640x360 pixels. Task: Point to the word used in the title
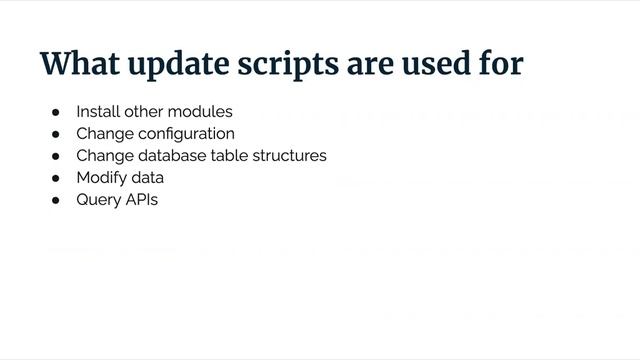443,62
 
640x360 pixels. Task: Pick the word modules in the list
199,111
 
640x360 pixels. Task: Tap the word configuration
184,134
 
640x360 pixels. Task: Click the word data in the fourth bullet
147,178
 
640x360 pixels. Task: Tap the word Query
98,200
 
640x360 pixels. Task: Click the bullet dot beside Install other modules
56,111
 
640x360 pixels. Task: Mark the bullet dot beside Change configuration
56,134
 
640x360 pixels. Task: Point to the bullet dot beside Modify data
56,178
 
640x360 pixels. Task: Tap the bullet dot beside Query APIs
56,200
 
